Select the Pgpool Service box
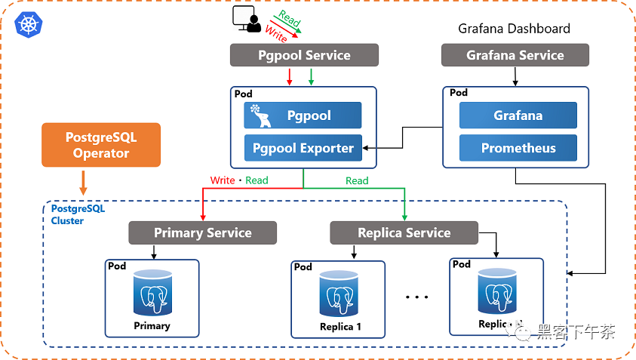pyautogui.click(x=303, y=55)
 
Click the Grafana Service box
pyautogui.click(x=515, y=55)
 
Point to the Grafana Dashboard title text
pyautogui.click(x=514, y=29)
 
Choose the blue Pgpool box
pyautogui.click(x=303, y=115)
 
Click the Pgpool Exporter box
pyautogui.click(x=303, y=148)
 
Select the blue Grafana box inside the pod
pyautogui.click(x=518, y=115)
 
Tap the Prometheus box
pyautogui.click(x=518, y=148)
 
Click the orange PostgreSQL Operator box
pyautogui.click(x=101, y=145)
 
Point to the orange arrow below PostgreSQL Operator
pyautogui.click(x=84, y=182)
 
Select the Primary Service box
pyautogui.click(x=202, y=232)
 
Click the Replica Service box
pyautogui.click(x=404, y=232)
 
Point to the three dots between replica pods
pyautogui.click(x=416, y=297)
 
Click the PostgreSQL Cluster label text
pyautogui.click(x=67, y=214)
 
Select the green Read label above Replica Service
pyautogui.click(x=357, y=180)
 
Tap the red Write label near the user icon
pyautogui.click(x=275, y=35)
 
